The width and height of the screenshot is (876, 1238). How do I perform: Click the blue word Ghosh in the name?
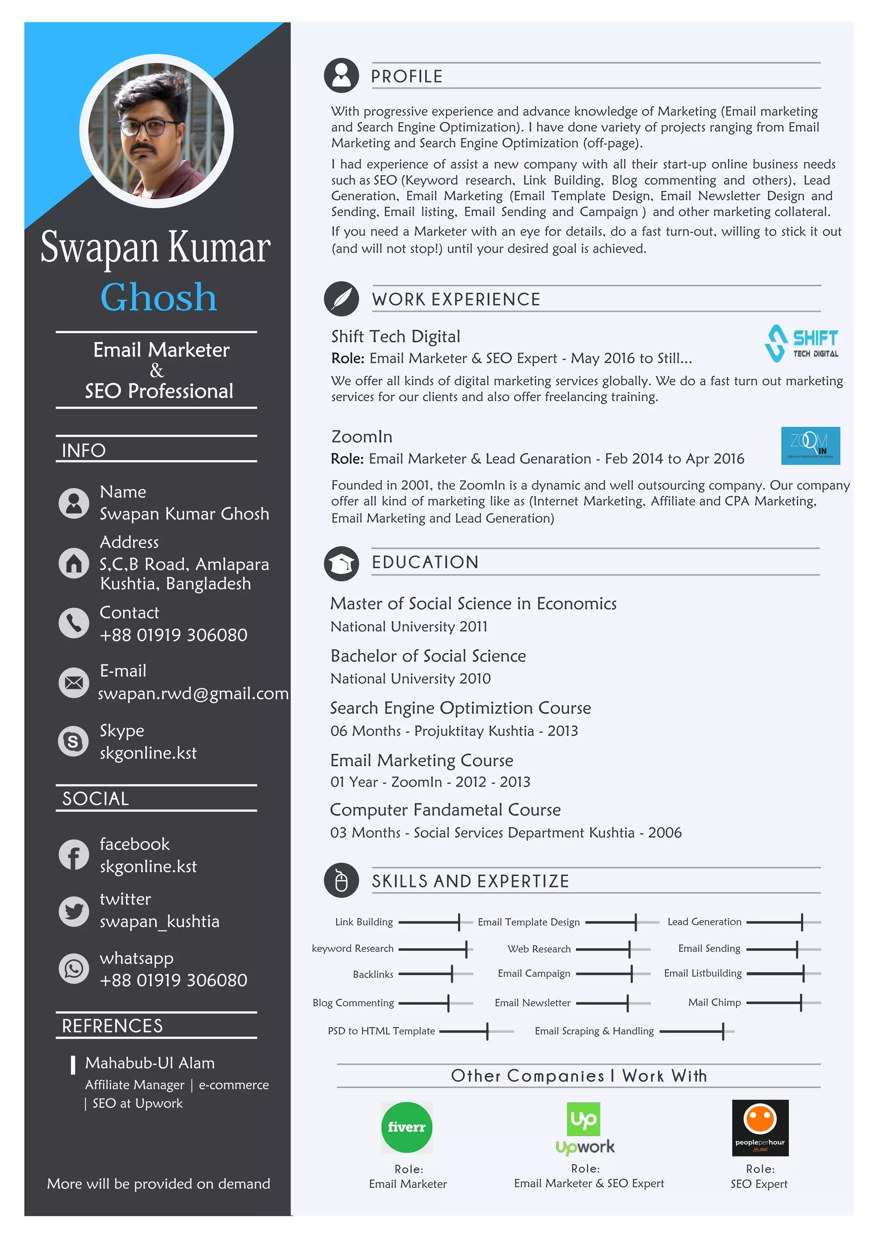(x=159, y=298)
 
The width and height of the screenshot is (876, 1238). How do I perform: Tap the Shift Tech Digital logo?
(x=801, y=343)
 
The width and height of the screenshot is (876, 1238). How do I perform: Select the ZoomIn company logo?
(x=810, y=446)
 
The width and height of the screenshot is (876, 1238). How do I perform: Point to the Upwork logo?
(x=585, y=1128)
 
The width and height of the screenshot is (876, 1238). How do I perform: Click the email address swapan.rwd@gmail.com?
(x=193, y=693)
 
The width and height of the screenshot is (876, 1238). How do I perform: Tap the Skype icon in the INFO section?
(x=74, y=741)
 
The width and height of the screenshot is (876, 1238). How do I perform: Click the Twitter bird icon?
(x=74, y=911)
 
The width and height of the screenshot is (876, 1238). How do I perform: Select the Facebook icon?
(x=74, y=855)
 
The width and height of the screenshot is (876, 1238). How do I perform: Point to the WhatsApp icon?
(x=74, y=968)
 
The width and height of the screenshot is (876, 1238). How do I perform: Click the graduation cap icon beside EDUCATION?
(x=341, y=563)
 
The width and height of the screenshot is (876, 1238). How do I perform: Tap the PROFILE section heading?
(x=407, y=77)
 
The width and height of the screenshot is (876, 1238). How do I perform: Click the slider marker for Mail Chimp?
(x=801, y=1002)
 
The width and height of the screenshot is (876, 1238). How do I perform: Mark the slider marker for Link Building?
(x=459, y=922)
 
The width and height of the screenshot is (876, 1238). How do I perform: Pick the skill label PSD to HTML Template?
(x=382, y=1031)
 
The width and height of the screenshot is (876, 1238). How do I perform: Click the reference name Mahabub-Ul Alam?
(x=150, y=1063)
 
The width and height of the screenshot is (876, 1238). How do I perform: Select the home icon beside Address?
(x=74, y=563)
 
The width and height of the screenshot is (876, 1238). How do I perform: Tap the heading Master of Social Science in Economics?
(x=473, y=604)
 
